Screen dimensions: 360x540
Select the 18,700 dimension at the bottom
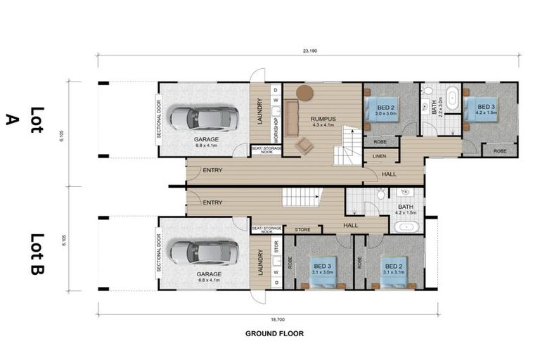point(268,318)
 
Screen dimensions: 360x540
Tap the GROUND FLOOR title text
point(274,333)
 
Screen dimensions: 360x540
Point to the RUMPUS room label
point(323,120)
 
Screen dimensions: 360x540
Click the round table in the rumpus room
point(304,93)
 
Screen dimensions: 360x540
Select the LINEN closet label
point(380,156)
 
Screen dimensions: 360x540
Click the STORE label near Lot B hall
point(302,229)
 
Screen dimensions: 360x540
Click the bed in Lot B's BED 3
point(323,271)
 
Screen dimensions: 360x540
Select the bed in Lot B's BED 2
point(392,271)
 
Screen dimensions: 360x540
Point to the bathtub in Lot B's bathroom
point(407,226)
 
